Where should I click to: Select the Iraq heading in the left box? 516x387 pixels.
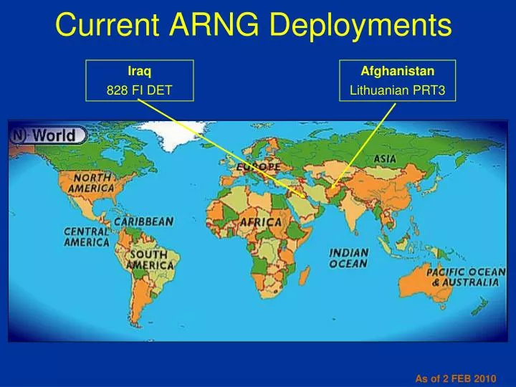click(x=139, y=71)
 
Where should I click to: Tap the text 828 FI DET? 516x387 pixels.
click(x=139, y=90)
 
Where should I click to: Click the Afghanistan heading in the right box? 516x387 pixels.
click(x=397, y=71)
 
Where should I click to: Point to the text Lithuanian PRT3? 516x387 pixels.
click(x=397, y=90)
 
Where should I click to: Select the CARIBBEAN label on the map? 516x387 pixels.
click(x=143, y=222)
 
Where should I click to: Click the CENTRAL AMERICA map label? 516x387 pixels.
click(x=87, y=236)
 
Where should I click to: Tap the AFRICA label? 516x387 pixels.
click(x=260, y=222)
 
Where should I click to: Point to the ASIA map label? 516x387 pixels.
click(x=386, y=158)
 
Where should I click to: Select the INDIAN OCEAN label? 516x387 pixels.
click(x=349, y=258)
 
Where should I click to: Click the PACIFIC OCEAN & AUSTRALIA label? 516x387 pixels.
click(x=466, y=277)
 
